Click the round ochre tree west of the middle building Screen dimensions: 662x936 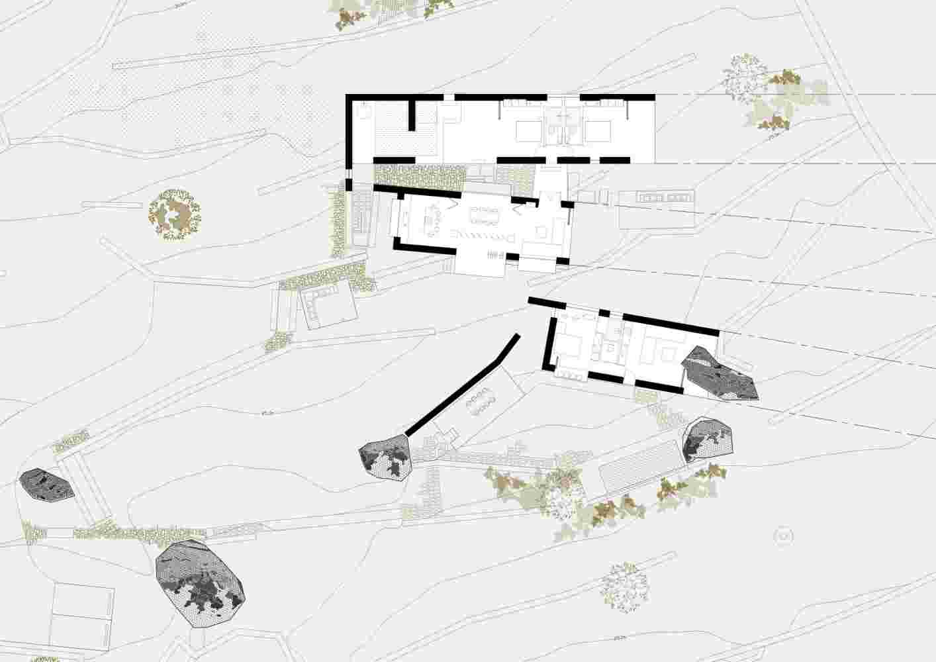[x=174, y=213]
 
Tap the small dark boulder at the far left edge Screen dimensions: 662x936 [x=46, y=486]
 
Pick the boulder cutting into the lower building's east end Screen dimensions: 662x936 [x=718, y=375]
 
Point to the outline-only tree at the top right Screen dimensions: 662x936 [x=744, y=76]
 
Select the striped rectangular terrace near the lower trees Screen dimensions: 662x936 [x=640, y=464]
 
